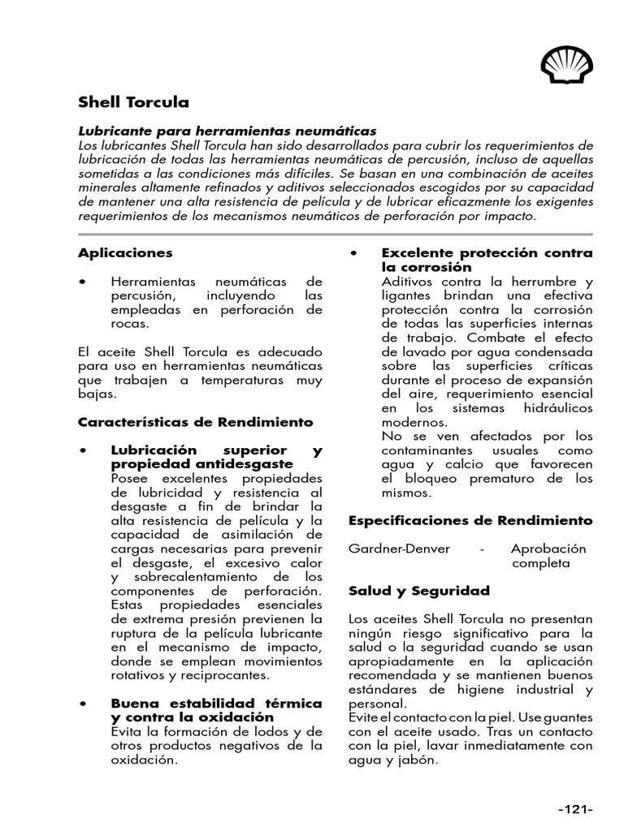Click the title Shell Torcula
coord(133,102)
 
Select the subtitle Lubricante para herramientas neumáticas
coord(227,131)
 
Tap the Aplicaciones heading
coord(125,253)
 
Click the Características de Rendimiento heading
coord(195,422)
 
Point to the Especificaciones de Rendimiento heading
coord(470,520)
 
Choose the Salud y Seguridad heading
coord(419,591)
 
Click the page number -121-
coord(575,809)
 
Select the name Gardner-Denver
coord(399,549)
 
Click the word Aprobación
coord(548,549)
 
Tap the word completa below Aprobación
coord(541,563)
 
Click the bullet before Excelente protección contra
coord(353,253)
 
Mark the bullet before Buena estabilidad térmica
coord(83,704)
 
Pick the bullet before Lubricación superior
coord(83,450)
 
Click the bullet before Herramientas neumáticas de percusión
coord(83,281)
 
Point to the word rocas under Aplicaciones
coord(129,323)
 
